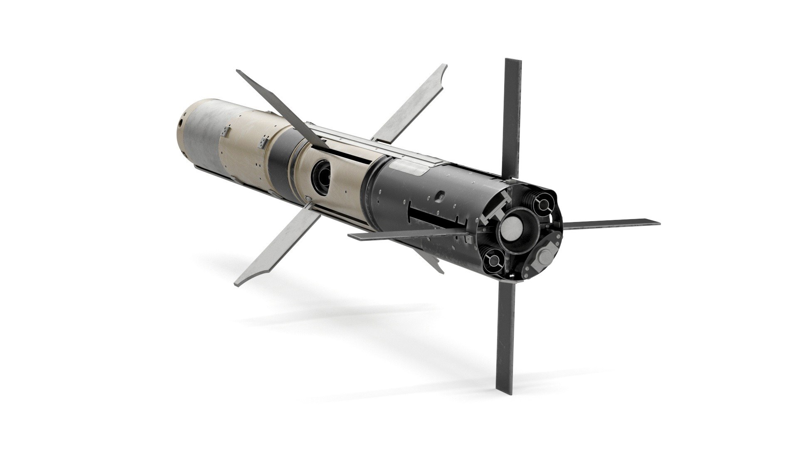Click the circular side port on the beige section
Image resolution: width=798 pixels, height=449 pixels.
click(321, 170)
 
